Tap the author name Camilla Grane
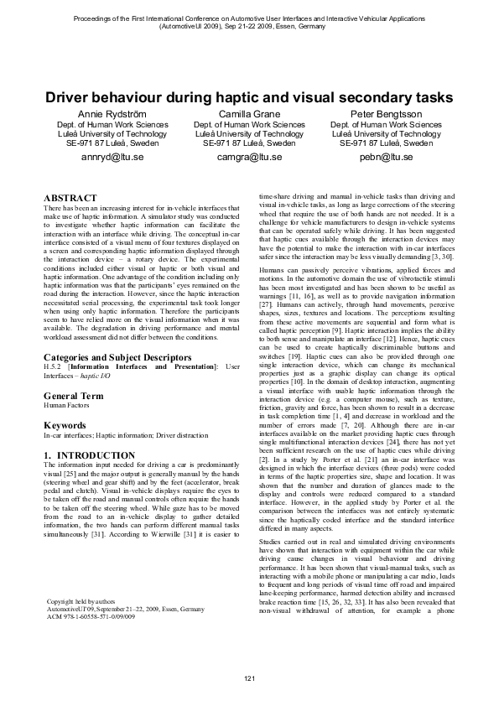[249, 113]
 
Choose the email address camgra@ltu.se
[249, 156]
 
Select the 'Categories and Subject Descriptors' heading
[108, 357]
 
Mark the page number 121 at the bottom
[249, 677]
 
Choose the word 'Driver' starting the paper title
[70, 97]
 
